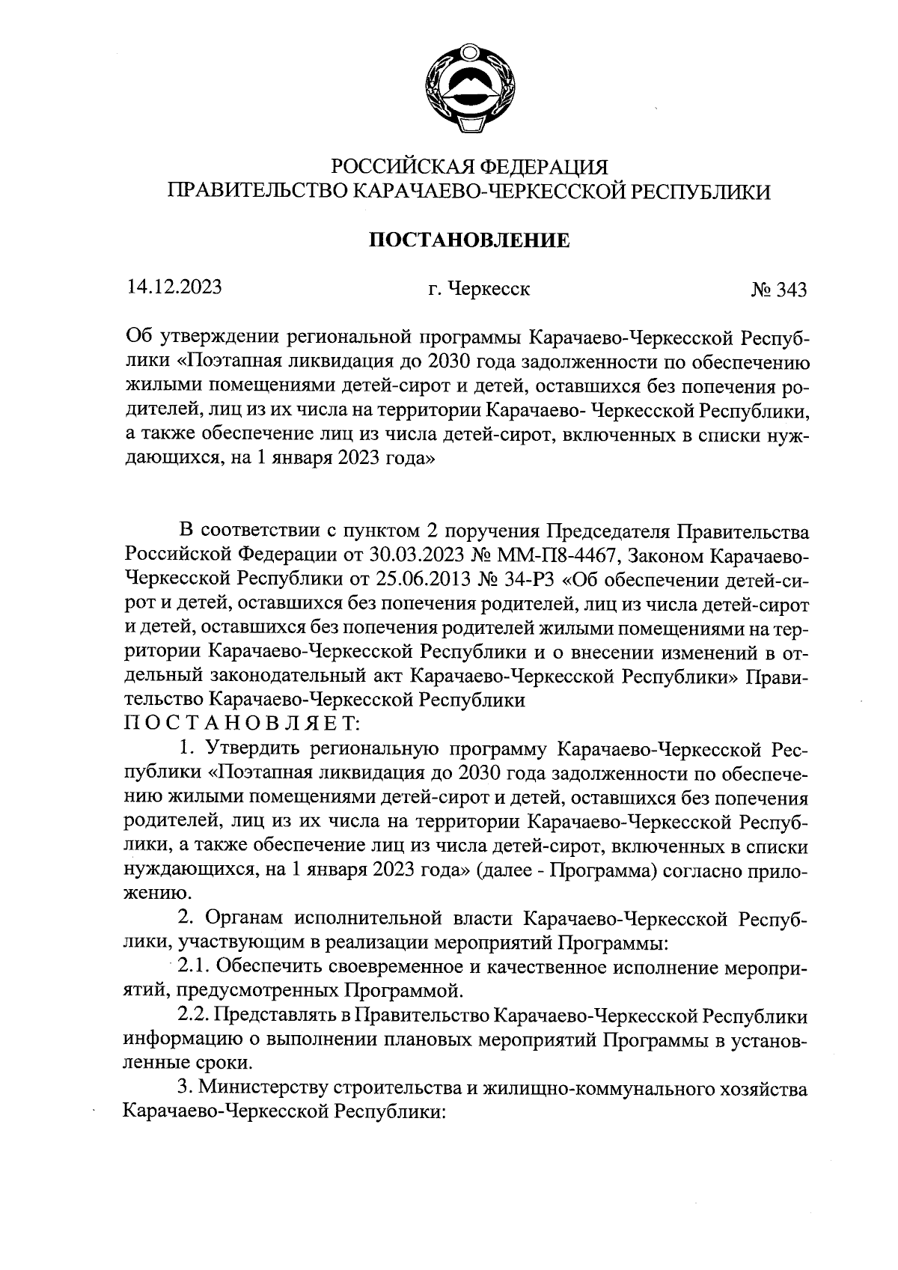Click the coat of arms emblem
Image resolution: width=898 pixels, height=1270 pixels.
click(x=471, y=91)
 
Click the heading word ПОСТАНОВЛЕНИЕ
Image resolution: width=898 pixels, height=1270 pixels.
click(x=471, y=241)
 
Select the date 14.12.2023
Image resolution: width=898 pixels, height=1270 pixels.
click(x=174, y=287)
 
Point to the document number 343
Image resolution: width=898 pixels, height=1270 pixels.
click(x=792, y=290)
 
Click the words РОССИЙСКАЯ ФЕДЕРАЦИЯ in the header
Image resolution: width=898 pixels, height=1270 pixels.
click(x=470, y=165)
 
